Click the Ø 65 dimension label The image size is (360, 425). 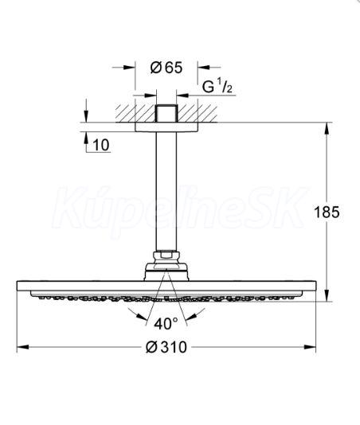pyautogui.click(x=166, y=68)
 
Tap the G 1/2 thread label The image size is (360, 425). pyautogui.click(x=217, y=87)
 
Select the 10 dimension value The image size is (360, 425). pyautogui.click(x=101, y=145)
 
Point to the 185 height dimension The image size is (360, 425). pyautogui.click(x=327, y=212)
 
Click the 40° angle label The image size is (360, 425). pyautogui.click(x=166, y=323)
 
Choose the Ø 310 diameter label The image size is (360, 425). pyautogui.click(x=166, y=347)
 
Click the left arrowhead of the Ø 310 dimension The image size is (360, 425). pyautogui.click(x=23, y=347)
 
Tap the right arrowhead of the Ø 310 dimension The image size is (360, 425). pyautogui.click(x=310, y=347)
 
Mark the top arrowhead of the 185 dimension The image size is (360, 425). pyautogui.click(x=327, y=128)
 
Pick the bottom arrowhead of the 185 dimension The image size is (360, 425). pyautogui.click(x=327, y=295)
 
